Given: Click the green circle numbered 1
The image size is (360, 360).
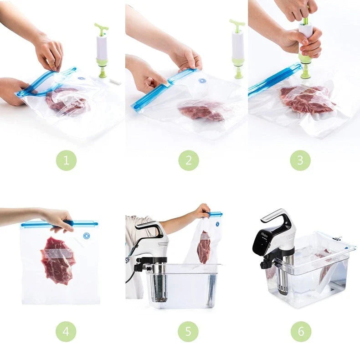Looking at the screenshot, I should pos(67,160).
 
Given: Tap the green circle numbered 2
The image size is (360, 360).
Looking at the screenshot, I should pos(188,160).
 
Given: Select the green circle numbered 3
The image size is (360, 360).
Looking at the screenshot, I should pos(301,160).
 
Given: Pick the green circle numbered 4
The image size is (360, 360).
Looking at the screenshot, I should pos(67,331).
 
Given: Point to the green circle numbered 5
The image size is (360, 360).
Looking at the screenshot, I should pos(188,331).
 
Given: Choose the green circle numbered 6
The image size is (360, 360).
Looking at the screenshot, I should pos(301,331).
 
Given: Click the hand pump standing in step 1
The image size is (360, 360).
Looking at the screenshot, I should pos(102,50).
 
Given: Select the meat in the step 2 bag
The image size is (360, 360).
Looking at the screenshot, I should pos(201,111).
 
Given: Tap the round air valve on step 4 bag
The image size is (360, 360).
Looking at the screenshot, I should pos(86,236).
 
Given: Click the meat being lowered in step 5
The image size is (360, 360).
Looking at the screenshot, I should pos(204,247).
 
